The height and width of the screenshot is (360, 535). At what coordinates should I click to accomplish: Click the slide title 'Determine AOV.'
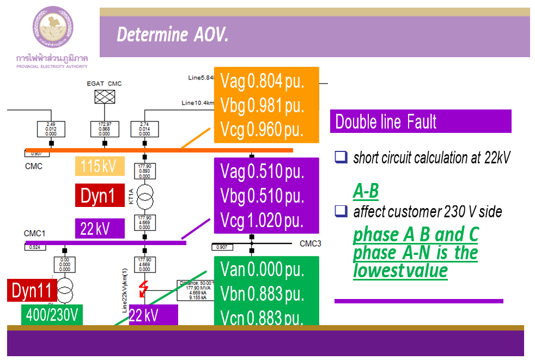[x=172, y=35]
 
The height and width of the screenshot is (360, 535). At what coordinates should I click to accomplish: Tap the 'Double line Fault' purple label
[x=386, y=121]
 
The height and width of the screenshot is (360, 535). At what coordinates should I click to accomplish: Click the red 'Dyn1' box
[x=98, y=196]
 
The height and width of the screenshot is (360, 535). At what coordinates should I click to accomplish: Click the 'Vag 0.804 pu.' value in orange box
[x=262, y=82]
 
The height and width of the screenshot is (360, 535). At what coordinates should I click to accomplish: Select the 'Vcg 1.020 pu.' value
[x=262, y=221]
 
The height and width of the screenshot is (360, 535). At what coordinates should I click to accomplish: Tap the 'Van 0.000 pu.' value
[x=262, y=269]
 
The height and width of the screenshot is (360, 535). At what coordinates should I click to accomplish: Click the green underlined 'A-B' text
[x=366, y=191]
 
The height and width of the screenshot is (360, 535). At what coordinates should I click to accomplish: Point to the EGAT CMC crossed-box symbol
[x=105, y=96]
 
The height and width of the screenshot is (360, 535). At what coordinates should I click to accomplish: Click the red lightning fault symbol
[x=144, y=289]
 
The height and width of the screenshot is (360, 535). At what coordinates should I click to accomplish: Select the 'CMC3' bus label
[x=310, y=243]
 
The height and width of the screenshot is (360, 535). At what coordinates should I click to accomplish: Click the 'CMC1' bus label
[x=34, y=233]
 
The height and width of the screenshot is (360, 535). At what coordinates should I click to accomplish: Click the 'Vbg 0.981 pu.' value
[x=262, y=106]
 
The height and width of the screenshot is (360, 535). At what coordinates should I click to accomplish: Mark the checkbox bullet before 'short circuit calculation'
[x=341, y=158]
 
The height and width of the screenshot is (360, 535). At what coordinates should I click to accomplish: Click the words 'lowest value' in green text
[x=400, y=271]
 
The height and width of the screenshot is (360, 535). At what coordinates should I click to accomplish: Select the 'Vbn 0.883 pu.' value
[x=262, y=294]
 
